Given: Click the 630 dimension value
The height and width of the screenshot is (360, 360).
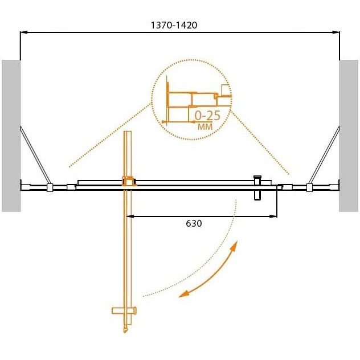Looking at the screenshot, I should pos(194,224).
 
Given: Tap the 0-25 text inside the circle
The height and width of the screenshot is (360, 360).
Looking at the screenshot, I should pos(207,116).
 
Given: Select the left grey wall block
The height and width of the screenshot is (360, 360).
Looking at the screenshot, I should pos(11,135).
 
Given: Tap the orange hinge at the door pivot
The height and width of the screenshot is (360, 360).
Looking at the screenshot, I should pos(129,182).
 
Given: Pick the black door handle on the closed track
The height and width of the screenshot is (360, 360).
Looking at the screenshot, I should pos(257,187).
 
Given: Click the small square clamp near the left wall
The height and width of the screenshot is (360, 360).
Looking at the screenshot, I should pos(50,187).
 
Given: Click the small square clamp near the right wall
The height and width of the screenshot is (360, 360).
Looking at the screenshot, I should pos(309,187).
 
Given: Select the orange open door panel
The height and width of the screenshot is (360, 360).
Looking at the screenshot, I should pos(128,245).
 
